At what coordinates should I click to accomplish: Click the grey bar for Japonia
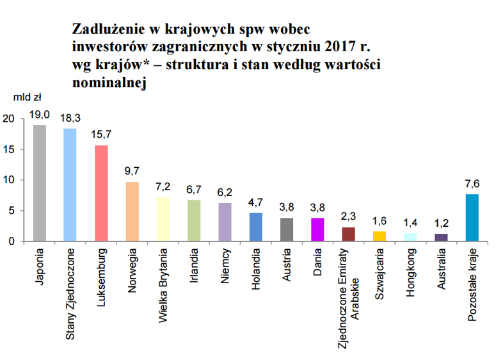40,183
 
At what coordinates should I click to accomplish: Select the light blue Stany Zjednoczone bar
70,185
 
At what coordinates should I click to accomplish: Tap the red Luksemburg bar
101,193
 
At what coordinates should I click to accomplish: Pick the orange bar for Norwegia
132,211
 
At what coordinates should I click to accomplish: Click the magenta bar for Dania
317,229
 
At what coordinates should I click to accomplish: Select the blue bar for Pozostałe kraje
472,218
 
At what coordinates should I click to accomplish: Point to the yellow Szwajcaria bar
379,236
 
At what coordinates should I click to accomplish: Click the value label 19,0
40,115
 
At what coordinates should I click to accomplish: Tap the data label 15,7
101,135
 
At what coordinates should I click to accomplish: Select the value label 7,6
472,184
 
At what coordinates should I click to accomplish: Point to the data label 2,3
348,217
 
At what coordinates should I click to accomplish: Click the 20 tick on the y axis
9,119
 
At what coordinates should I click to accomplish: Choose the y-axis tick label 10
9,180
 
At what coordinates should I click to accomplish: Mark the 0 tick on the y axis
12,241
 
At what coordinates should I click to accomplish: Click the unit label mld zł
28,97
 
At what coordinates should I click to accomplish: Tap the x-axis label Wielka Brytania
163,285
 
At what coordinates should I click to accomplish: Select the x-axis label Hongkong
410,272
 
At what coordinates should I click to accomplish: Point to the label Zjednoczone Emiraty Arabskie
348,299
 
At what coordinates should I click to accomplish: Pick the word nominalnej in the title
109,83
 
